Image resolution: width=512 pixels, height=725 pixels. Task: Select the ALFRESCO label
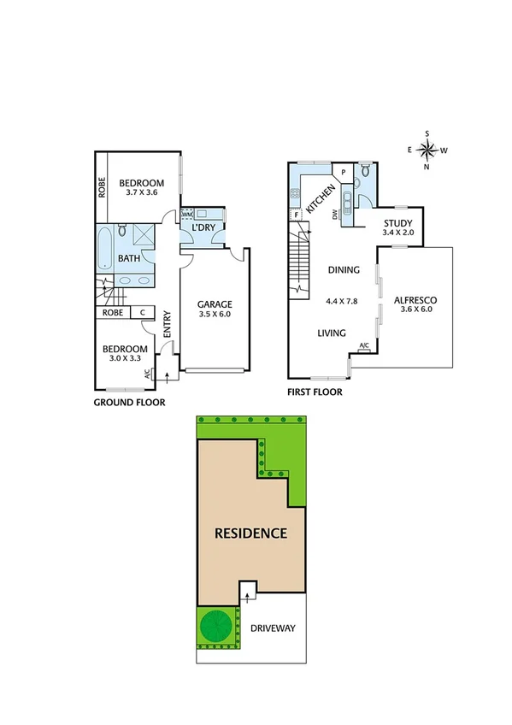point(415,300)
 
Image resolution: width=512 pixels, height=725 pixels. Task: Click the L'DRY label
point(203,228)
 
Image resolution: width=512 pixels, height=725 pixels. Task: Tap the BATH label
point(129,257)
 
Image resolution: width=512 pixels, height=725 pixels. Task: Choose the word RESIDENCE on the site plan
point(250,533)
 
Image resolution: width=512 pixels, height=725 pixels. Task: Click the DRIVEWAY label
point(272,628)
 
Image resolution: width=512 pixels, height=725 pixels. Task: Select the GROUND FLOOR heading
point(128,402)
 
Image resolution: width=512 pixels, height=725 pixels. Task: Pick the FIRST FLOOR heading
point(315,392)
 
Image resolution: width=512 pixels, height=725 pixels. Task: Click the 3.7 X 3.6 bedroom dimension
point(140,193)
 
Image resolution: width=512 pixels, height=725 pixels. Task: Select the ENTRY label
point(168,324)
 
